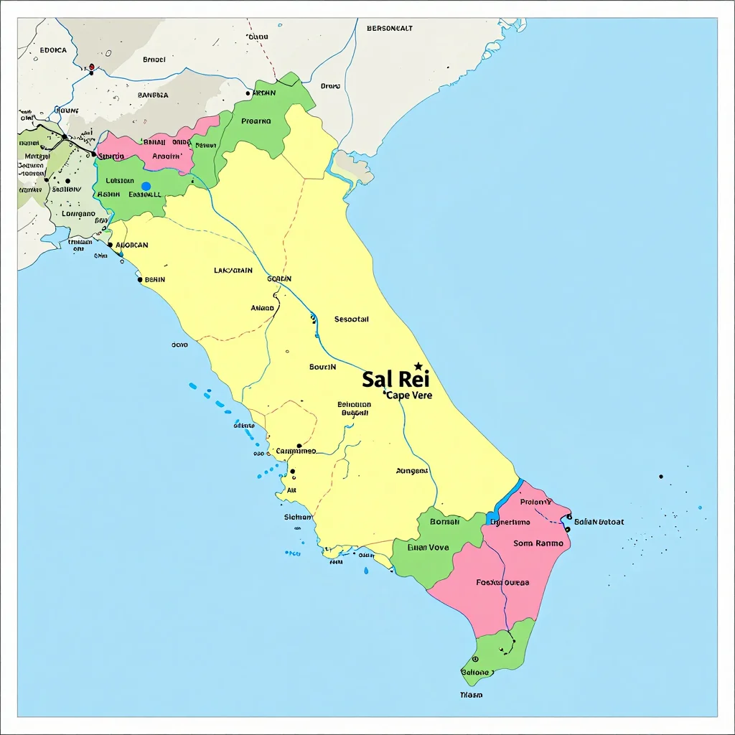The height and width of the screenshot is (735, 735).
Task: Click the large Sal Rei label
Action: (395, 379)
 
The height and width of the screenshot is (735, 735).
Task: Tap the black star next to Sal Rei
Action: (418, 366)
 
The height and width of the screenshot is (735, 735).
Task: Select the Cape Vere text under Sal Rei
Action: (408, 395)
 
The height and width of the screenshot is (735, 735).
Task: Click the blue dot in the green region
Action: (146, 187)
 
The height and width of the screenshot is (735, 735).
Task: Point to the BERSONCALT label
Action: (390, 29)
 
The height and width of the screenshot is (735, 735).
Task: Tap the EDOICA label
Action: (53, 50)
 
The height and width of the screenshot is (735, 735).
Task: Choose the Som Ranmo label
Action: (538, 543)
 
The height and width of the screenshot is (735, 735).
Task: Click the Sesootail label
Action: (352, 319)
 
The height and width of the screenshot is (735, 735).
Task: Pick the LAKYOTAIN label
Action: (233, 271)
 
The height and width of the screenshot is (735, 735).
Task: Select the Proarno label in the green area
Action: (256, 121)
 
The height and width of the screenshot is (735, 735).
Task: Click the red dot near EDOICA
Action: (91, 67)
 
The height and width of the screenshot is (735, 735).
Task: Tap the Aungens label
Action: (412, 472)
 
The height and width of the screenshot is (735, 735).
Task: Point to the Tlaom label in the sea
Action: (471, 695)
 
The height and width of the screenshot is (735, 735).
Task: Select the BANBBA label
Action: (153, 95)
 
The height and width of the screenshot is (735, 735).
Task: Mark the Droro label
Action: (330, 86)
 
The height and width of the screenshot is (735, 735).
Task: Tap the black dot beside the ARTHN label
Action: (248, 93)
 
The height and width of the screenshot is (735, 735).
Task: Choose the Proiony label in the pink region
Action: (536, 502)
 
